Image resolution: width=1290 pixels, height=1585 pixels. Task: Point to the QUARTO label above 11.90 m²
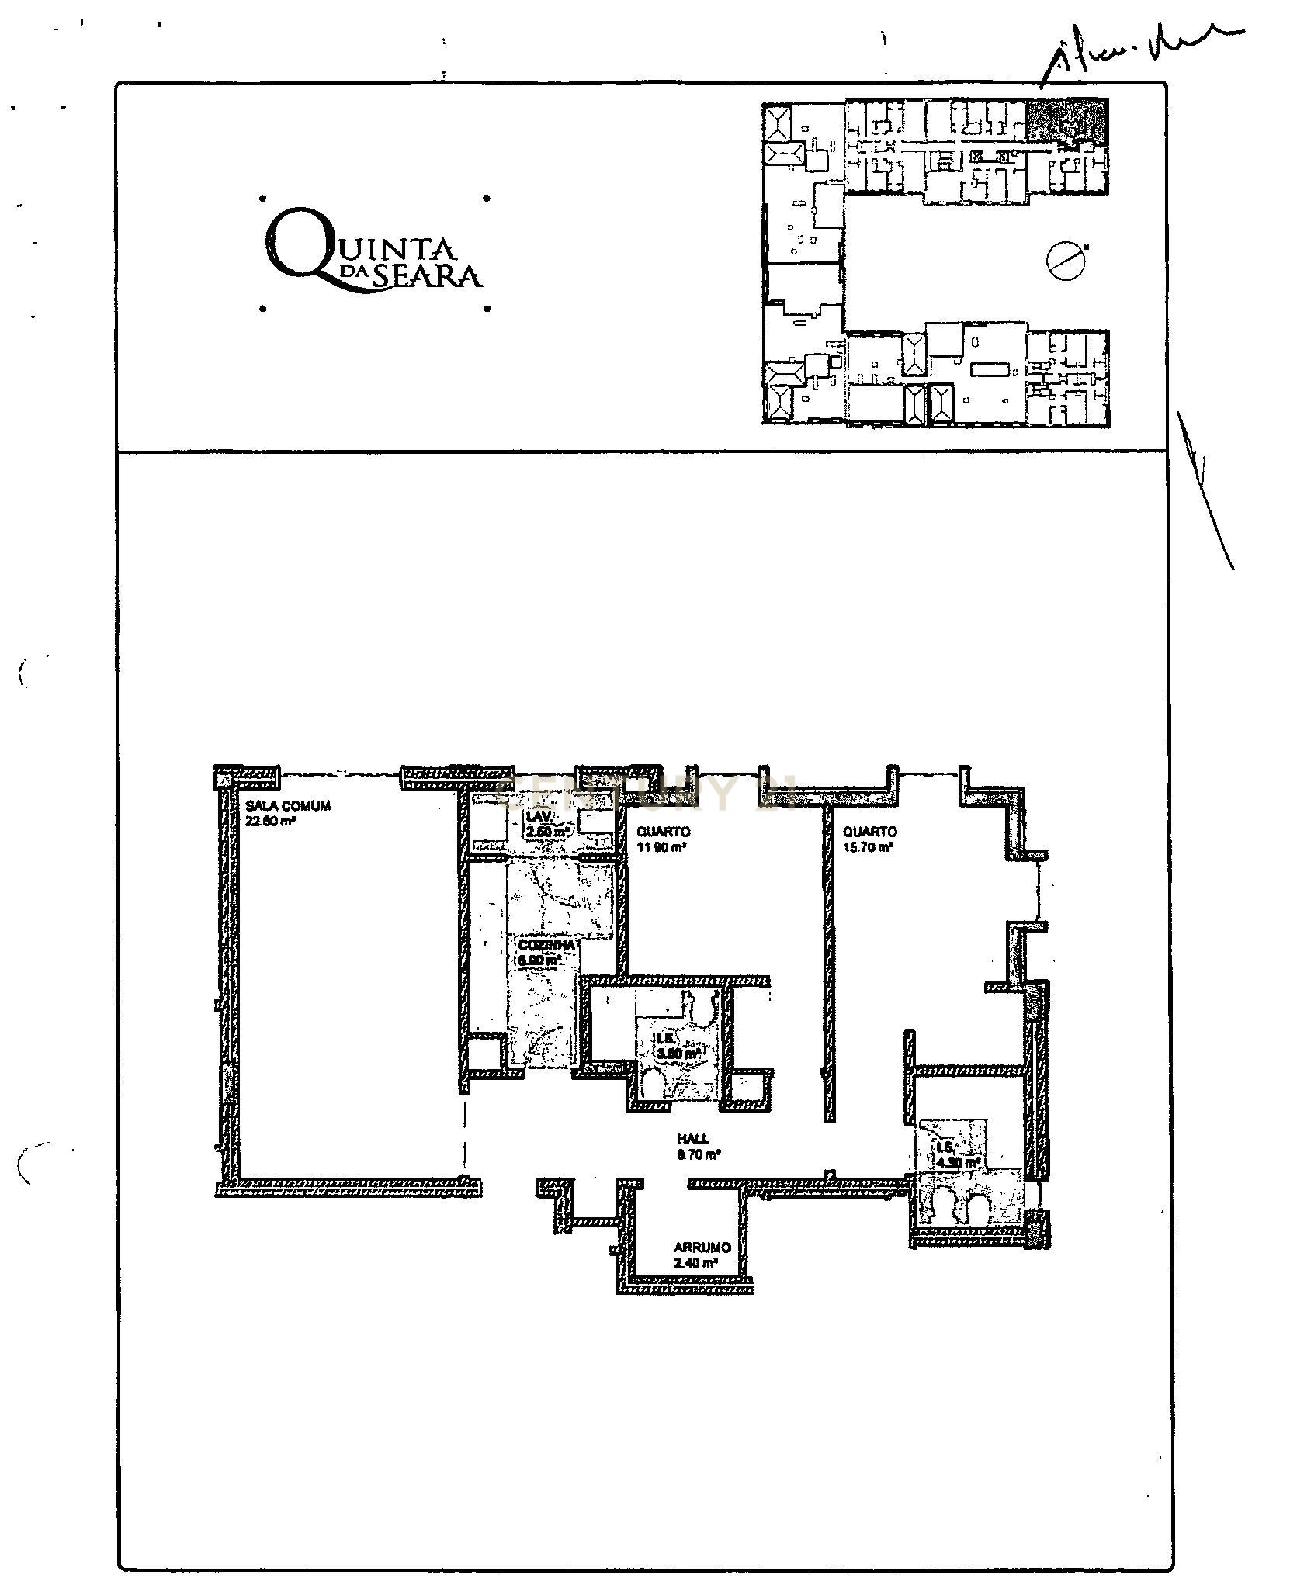point(663,832)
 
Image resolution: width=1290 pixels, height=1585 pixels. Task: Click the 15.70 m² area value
point(867,847)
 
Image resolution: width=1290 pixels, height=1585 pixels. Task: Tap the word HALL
point(692,1139)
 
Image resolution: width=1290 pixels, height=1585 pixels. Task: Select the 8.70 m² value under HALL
point(699,1154)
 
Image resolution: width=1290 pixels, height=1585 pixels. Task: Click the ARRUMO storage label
point(702,1248)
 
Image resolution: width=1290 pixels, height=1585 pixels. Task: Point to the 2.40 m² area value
point(695,1262)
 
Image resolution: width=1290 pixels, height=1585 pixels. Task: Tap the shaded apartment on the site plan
point(1066,120)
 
